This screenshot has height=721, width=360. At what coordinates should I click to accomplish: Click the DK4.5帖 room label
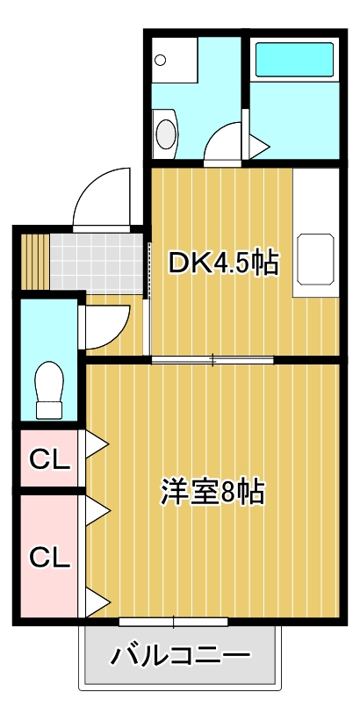pyautogui.click(x=223, y=262)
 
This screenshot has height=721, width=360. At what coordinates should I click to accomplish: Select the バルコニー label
pyautogui.click(x=180, y=655)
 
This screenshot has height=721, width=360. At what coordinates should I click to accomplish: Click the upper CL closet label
pyautogui.click(x=49, y=458)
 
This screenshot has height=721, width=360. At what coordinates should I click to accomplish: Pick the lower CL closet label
pyautogui.click(x=49, y=557)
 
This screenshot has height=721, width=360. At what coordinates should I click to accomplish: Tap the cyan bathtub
pyautogui.click(x=294, y=61)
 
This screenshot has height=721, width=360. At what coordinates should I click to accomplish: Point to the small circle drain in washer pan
pyautogui.click(x=161, y=61)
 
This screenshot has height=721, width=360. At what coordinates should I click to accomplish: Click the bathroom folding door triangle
pyautogui.click(x=257, y=147)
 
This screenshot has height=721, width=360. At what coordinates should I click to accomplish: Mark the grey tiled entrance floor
pyautogui.click(x=97, y=262)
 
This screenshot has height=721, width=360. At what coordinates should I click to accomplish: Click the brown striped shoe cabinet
pyautogui.click(x=32, y=261)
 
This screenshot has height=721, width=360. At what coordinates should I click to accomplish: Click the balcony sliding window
pyautogui.click(x=173, y=623)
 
